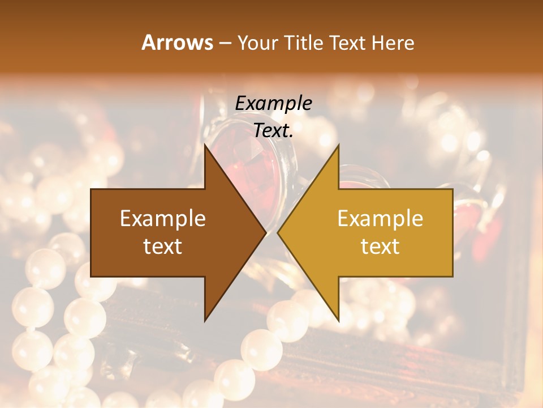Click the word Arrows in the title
pyautogui.click(x=177, y=42)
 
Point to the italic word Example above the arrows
pyautogui.click(x=273, y=103)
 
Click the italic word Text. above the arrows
pyautogui.click(x=273, y=130)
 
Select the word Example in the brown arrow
pyautogui.click(x=163, y=218)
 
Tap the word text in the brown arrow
pyautogui.click(x=163, y=246)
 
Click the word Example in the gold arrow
pyautogui.click(x=380, y=218)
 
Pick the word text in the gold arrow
pyautogui.click(x=380, y=246)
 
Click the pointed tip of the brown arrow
pyautogui.click(x=265, y=232)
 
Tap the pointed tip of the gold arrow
pyautogui.click(x=278, y=232)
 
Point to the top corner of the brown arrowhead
pyautogui.click(x=205, y=145)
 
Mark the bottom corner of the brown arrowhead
pyautogui.click(x=205, y=321)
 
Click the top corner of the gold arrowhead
pyautogui.click(x=338, y=145)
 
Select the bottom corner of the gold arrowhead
pyautogui.click(x=338, y=321)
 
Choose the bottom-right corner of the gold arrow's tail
pyautogui.click(x=453, y=277)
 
